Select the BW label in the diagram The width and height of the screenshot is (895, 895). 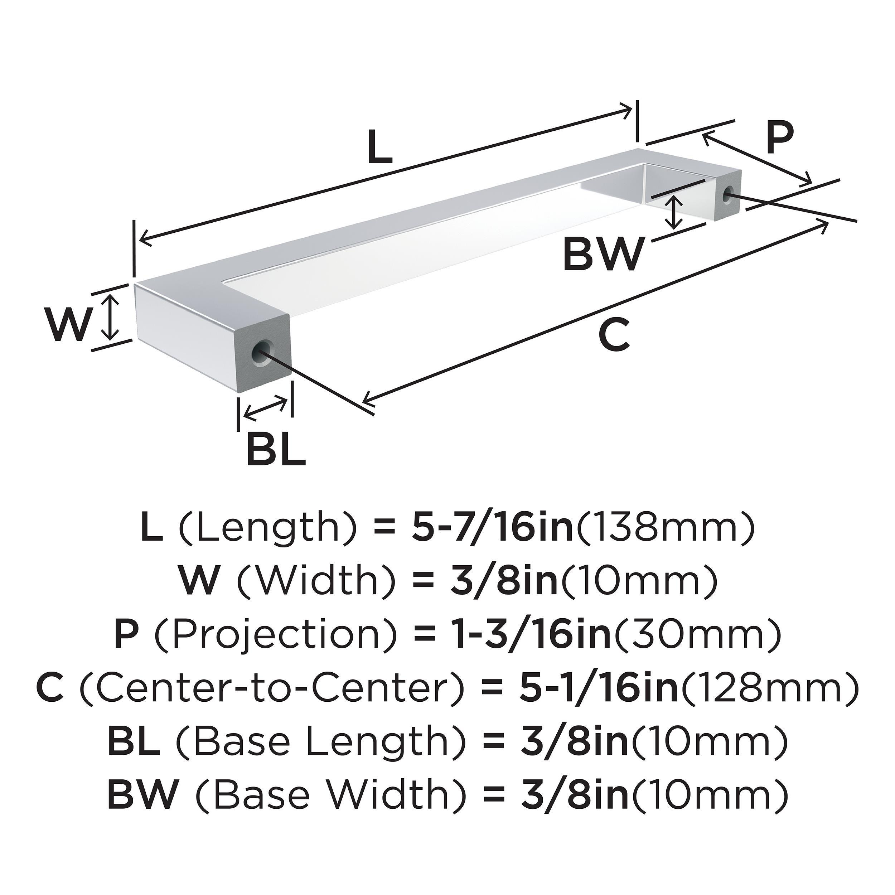(604, 254)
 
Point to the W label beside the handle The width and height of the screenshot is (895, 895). (68, 324)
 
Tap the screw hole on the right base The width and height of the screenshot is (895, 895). (728, 194)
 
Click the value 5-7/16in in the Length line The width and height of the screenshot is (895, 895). (492, 528)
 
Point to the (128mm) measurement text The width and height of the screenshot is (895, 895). (770, 688)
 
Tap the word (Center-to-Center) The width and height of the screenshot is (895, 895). (272, 688)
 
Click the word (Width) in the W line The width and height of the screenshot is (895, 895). (317, 581)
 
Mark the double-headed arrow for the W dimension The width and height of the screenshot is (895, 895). (110, 318)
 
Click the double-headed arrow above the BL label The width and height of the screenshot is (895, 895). (265, 408)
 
